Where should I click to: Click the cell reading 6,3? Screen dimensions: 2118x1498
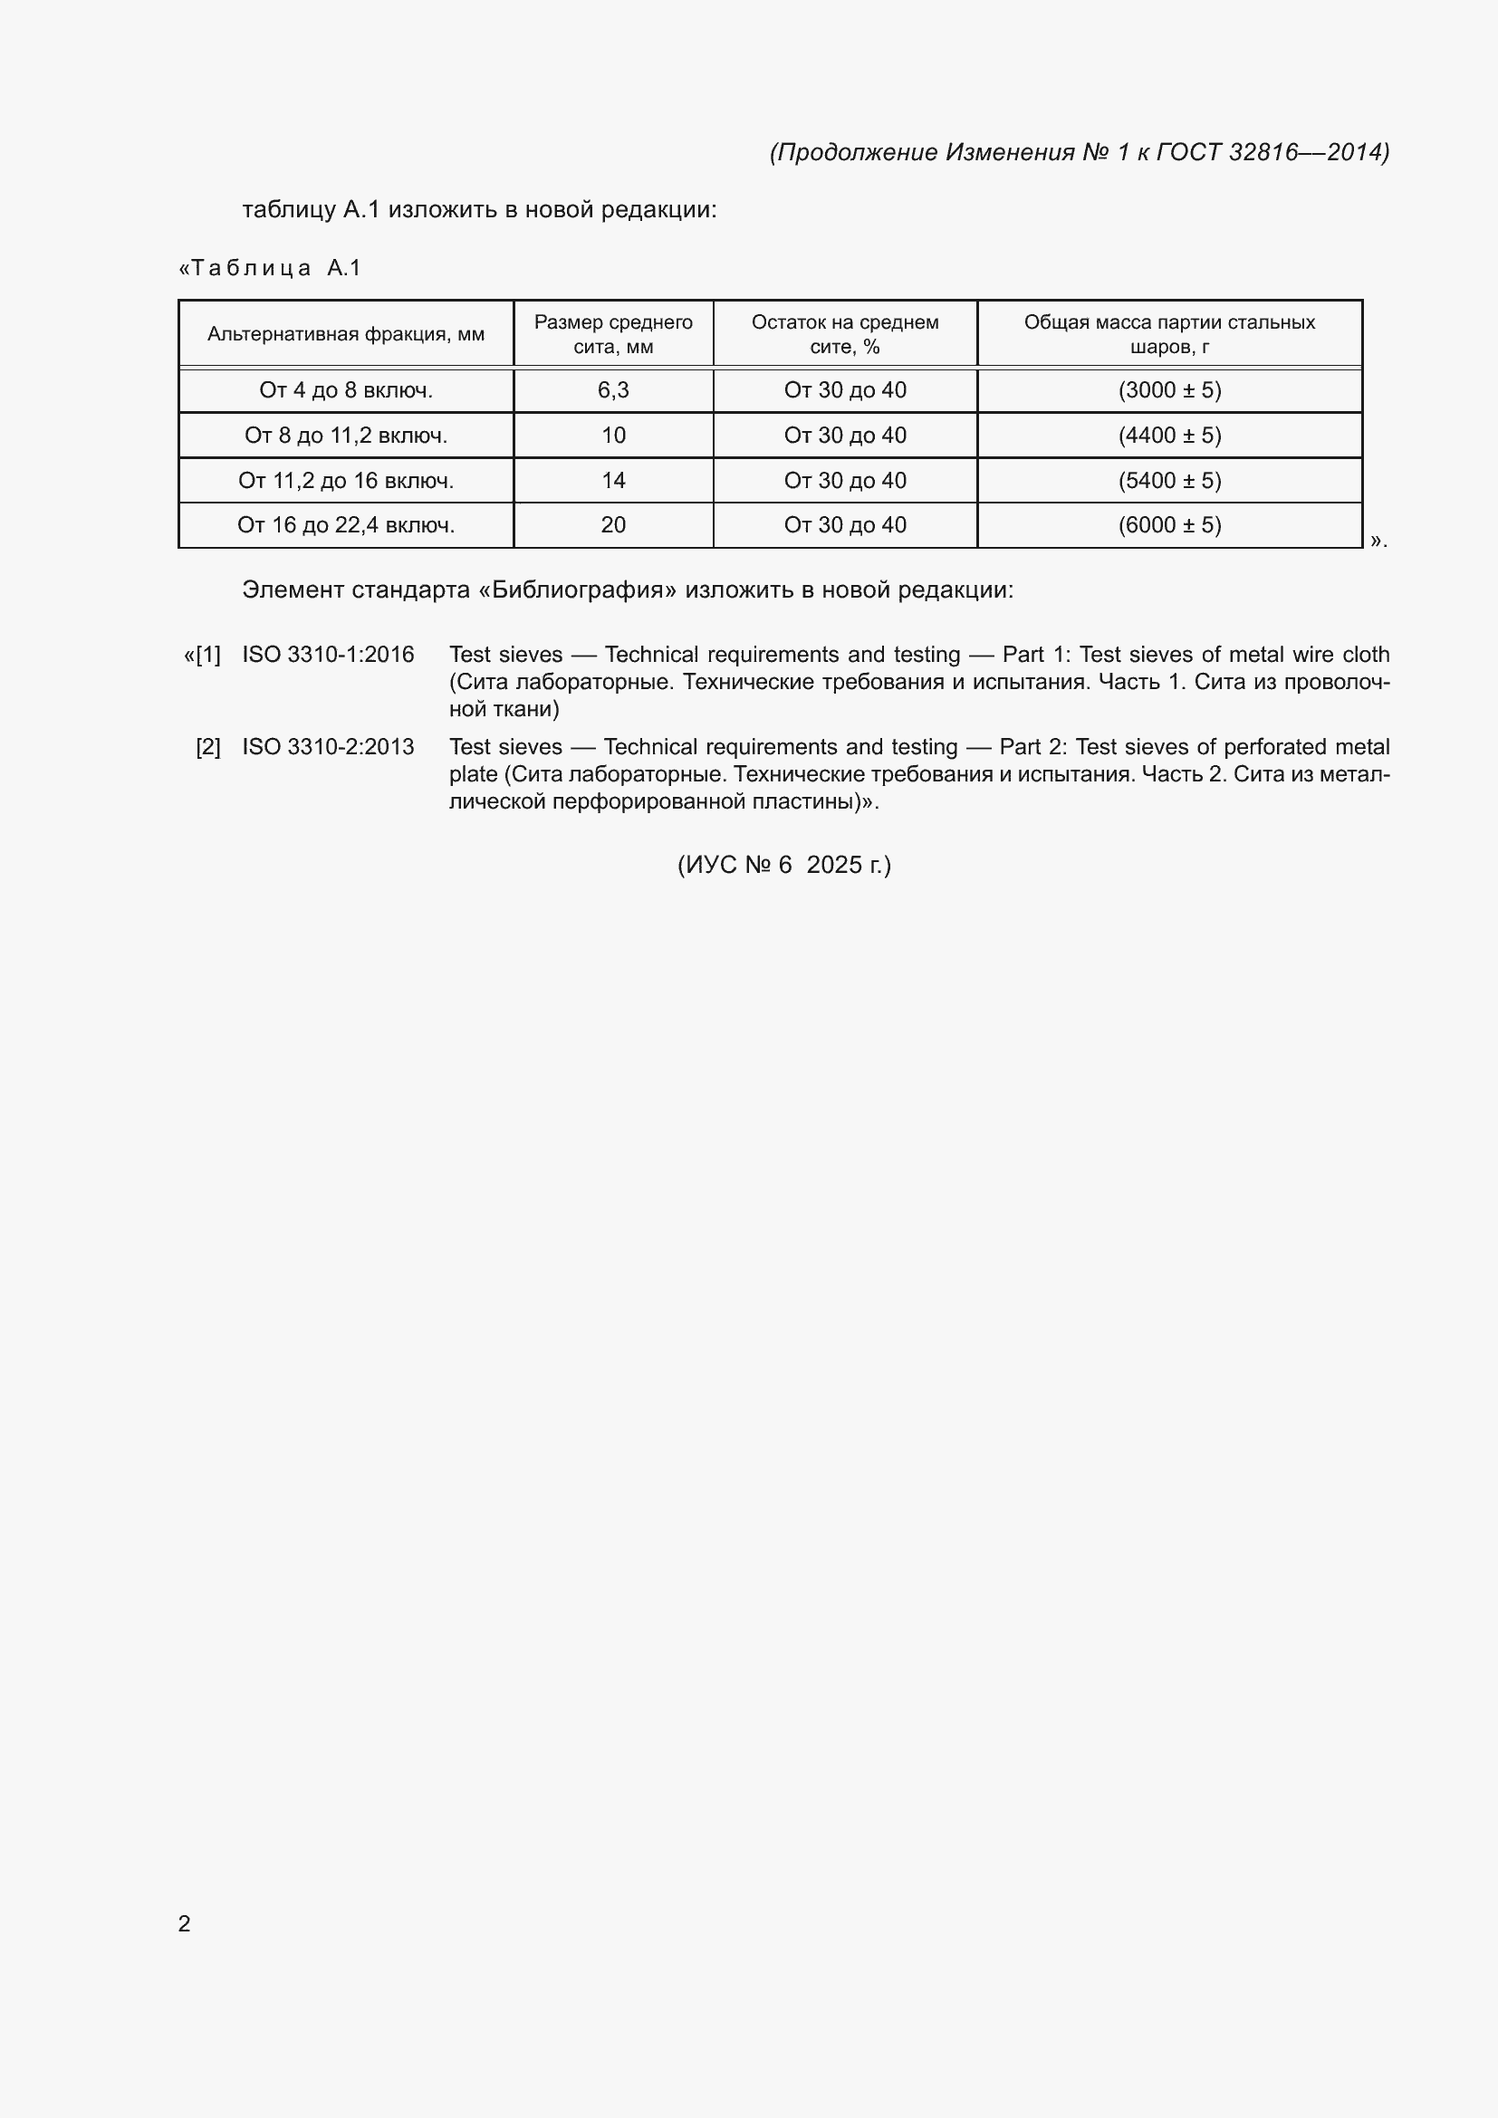(x=613, y=390)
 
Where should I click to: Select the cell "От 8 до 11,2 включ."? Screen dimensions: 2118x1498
(x=346, y=436)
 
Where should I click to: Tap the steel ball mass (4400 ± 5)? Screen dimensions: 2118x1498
(x=1169, y=436)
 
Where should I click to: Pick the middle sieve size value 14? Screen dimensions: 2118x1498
(x=613, y=481)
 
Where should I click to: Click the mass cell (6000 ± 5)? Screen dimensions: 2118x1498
(x=1169, y=525)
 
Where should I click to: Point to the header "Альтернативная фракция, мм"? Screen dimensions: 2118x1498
(x=346, y=334)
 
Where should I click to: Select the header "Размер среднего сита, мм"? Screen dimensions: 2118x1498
(x=613, y=334)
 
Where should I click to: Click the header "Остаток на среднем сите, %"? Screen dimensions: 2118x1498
(x=845, y=334)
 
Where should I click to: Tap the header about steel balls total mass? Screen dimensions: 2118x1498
(x=1169, y=334)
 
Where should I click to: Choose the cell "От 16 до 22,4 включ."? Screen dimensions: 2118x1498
(x=346, y=525)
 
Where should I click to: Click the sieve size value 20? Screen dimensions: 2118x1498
(x=613, y=525)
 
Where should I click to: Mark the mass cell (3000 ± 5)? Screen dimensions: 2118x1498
(x=1169, y=390)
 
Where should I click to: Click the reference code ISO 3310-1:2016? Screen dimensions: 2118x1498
(x=329, y=655)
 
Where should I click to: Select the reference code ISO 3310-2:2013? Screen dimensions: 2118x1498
(x=329, y=747)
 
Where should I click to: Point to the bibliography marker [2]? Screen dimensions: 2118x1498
(x=208, y=747)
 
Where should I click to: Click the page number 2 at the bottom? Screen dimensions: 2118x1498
(x=185, y=1923)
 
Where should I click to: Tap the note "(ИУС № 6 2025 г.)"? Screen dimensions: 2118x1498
(x=784, y=866)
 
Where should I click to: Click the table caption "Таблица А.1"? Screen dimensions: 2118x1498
(x=269, y=268)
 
